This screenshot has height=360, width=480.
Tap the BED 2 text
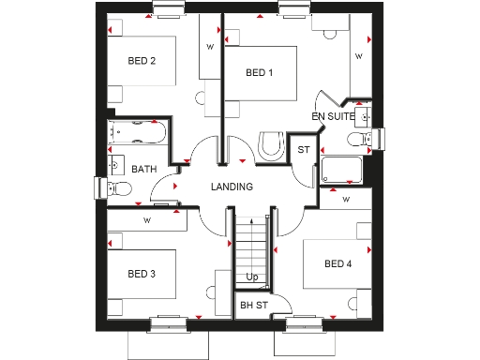142,61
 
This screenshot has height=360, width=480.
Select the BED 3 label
142,274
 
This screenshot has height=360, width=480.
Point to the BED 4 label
337,264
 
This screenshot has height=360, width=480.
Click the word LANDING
232,187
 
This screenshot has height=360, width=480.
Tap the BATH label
143,170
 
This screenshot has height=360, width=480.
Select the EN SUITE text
334,116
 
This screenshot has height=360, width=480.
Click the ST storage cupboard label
303,150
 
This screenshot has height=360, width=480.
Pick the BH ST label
253,305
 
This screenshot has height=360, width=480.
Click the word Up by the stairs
251,277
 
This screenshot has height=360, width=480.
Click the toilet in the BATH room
117,188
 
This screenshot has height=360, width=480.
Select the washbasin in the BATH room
113,165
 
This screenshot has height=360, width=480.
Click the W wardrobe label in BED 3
147,220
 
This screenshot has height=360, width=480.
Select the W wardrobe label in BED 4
346,199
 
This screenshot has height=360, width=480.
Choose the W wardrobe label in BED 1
357,56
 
